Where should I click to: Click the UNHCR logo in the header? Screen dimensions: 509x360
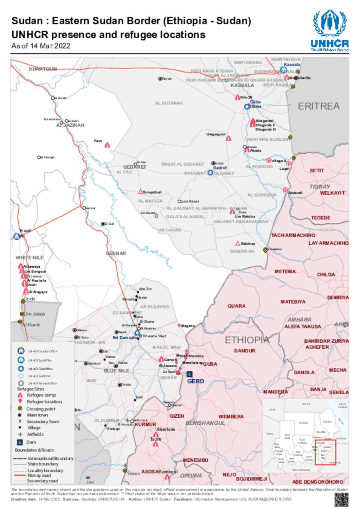point(330,31)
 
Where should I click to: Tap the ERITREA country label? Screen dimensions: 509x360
point(319,106)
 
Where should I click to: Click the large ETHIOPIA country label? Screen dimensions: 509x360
point(247,340)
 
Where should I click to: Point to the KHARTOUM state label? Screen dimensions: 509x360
point(43,69)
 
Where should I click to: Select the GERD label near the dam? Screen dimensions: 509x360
point(195,381)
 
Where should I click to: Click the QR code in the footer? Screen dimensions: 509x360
point(341,500)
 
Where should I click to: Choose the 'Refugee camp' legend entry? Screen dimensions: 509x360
point(41,395)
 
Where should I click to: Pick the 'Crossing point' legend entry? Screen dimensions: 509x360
point(41,409)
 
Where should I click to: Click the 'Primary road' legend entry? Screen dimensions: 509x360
point(39,475)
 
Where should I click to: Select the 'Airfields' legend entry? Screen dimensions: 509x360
point(35,434)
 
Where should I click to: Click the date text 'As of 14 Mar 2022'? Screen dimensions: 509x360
point(41,46)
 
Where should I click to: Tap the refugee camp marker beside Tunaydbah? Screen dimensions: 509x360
point(141,192)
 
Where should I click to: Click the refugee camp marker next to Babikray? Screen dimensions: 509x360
point(238,243)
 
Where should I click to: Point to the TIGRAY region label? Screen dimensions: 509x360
point(320,186)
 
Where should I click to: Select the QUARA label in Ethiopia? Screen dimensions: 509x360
point(236,306)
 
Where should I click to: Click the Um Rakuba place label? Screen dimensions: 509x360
point(245,216)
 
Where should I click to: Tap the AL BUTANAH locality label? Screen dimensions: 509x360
point(169,103)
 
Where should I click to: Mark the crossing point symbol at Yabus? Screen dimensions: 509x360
point(124,471)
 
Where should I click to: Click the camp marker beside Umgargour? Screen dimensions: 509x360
point(229,139)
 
